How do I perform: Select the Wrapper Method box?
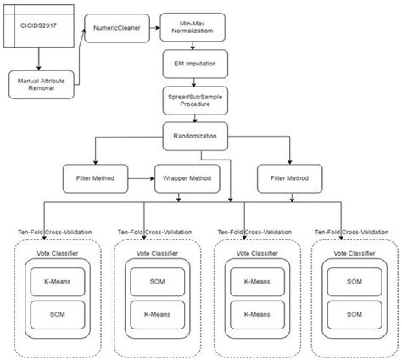pyautogui.click(x=185, y=179)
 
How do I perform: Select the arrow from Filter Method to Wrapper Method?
pyautogui.click(x=139, y=179)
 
